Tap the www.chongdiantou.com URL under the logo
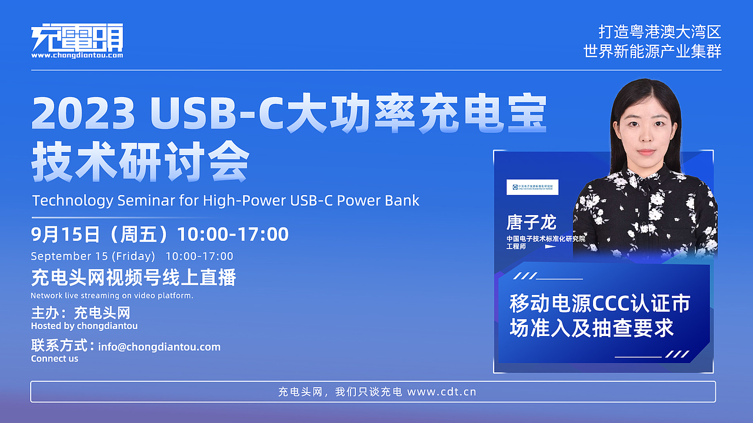(77, 56)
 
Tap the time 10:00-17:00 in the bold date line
(233, 234)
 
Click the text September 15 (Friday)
(93, 256)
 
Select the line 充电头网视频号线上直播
(134, 277)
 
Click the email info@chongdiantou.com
(159, 347)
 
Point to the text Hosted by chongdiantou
(84, 325)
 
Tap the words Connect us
(55, 358)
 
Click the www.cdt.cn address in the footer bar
(441, 392)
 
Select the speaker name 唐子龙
(531, 222)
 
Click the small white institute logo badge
(532, 187)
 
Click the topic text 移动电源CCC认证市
(599, 304)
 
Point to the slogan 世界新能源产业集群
(652, 51)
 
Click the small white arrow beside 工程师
(550, 247)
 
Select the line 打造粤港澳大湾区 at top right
(659, 32)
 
